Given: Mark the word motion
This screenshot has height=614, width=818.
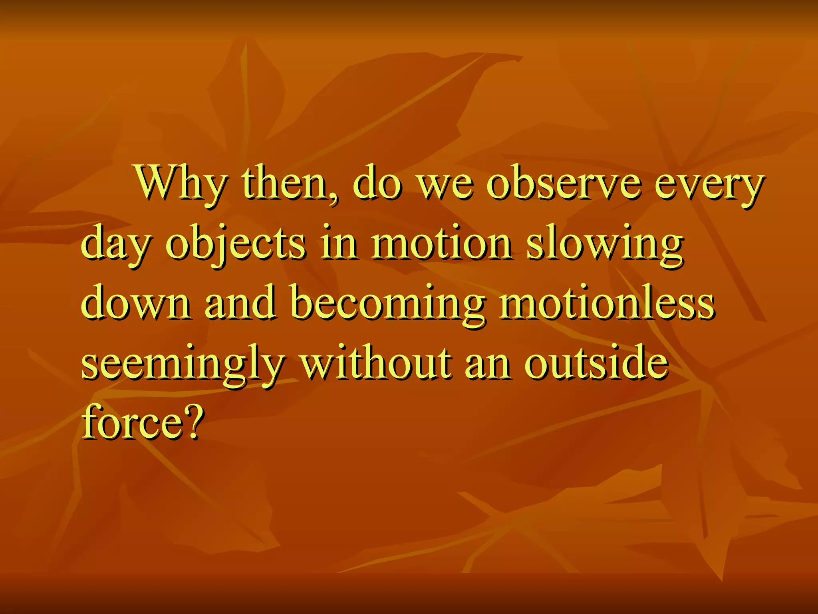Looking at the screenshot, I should point(442,244).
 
